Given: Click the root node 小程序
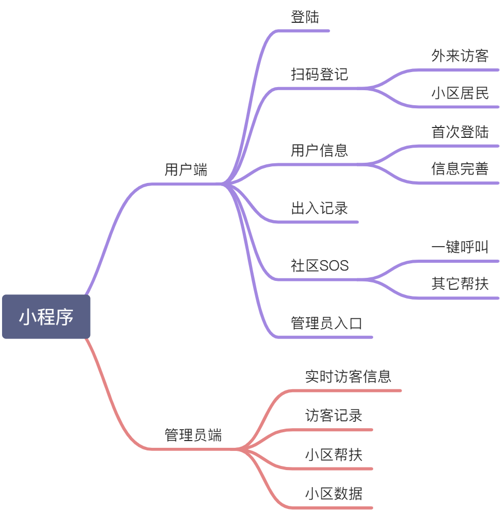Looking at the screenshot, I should (46, 317).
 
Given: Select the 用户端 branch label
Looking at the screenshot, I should (186, 169).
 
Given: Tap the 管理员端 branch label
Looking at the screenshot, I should (193, 435).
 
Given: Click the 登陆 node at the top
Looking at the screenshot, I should (305, 17).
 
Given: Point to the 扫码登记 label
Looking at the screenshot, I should (319, 75).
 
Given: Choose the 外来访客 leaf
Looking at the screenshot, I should (460, 56).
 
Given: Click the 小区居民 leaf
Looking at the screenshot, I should (460, 93).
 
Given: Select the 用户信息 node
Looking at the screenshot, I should (319, 151).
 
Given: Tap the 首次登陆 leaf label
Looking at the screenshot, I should (460, 132).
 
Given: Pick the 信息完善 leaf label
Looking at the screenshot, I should (460, 169).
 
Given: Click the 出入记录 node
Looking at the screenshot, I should (319, 208).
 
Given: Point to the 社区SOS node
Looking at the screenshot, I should (319, 266).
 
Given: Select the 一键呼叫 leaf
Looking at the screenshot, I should (460, 247).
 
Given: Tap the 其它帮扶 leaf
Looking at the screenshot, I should (460, 284).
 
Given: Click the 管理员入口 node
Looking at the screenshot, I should (326, 323).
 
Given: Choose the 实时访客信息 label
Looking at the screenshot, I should (348, 376).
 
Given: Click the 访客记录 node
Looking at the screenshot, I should (333, 415).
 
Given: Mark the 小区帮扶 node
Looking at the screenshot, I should (333, 455).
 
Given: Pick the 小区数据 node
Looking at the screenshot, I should (333, 493).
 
